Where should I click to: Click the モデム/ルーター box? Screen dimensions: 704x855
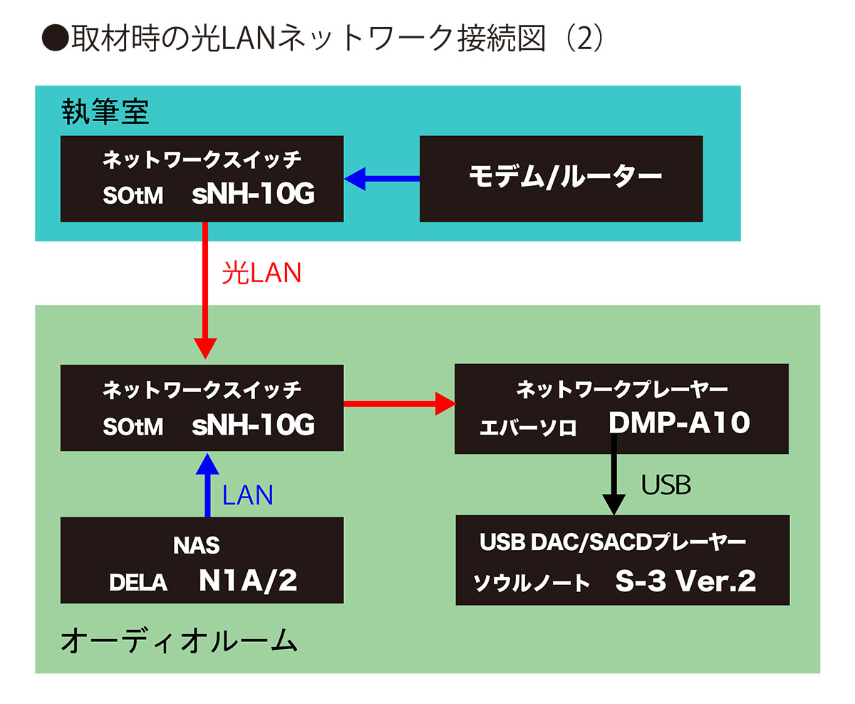point(561,179)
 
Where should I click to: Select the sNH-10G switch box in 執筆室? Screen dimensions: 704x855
point(202,179)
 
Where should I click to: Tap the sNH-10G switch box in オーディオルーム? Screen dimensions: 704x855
point(202,408)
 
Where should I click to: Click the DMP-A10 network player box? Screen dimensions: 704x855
point(621,408)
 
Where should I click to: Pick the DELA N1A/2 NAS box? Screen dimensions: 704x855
point(202,560)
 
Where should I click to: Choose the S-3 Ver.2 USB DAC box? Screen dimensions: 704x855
point(622,560)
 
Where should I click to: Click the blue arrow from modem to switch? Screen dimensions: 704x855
point(382,179)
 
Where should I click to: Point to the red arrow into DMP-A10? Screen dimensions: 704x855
point(399,405)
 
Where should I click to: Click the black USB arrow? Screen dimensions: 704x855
point(613,477)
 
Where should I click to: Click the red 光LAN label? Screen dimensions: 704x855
point(261,274)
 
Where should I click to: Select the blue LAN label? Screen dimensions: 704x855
point(247,495)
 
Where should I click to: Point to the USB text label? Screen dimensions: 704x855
point(665,485)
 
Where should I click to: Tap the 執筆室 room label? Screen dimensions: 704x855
point(105,113)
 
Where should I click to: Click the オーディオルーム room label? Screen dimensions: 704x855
point(178,641)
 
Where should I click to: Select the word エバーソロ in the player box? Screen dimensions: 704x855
point(528,428)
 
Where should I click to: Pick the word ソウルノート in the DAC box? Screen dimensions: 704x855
point(532,583)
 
